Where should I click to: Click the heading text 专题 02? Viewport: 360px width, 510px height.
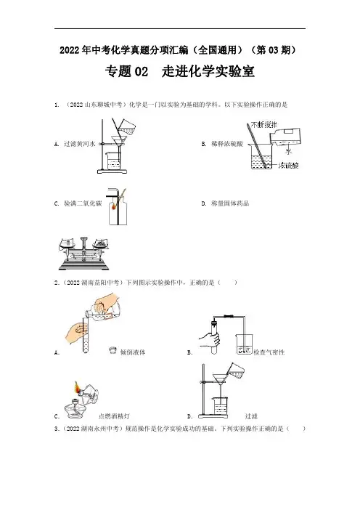126,71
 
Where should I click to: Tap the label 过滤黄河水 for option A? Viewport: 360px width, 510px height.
79,144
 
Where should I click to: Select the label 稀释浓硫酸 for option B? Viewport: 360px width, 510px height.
226,144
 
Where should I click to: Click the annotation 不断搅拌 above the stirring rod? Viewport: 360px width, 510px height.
264,124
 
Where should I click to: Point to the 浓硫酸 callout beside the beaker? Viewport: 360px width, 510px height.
288,166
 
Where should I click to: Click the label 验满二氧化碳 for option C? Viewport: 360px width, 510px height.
83,203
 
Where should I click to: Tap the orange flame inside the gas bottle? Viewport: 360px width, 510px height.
114,206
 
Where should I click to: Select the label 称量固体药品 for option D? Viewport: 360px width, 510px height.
230,203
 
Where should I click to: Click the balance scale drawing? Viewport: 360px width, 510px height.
83,253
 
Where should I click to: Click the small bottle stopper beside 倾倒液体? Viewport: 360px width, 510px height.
112,350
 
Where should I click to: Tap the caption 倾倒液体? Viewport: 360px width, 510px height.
133,352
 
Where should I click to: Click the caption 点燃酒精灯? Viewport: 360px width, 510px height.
114,416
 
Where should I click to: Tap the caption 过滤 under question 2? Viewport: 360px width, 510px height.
251,416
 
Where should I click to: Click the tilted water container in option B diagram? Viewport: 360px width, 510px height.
285,137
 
